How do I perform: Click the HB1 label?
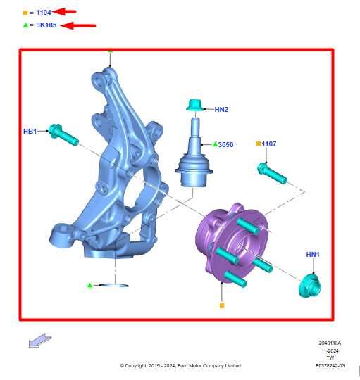[30, 132]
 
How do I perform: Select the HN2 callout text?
[221, 110]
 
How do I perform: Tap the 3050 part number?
[225, 145]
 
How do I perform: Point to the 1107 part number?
[269, 144]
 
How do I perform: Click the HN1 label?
[313, 255]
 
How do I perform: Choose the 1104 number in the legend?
[44, 13]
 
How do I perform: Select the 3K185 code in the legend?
[46, 25]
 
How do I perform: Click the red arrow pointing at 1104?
[64, 11]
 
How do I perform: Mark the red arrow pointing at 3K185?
[78, 25]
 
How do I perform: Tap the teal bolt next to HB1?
[63, 134]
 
